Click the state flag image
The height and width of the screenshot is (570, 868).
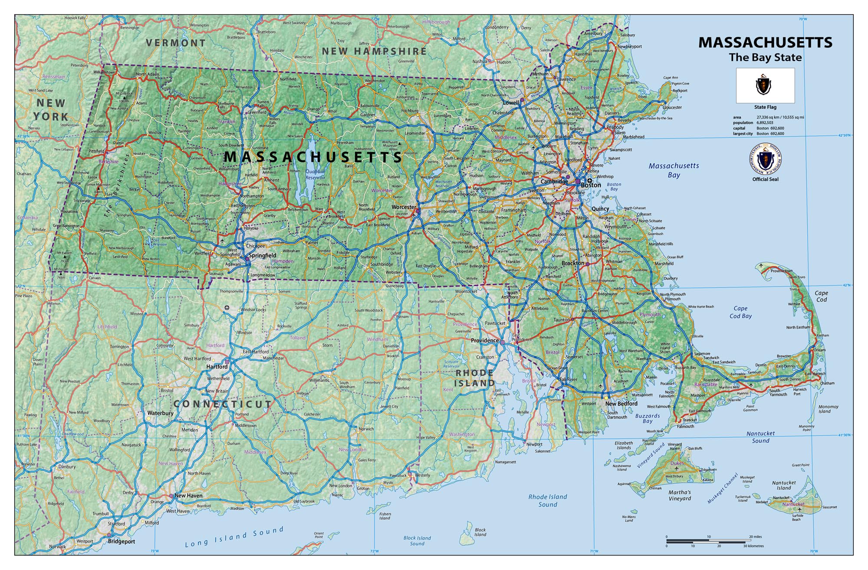(765, 86)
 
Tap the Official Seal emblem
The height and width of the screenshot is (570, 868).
(765, 159)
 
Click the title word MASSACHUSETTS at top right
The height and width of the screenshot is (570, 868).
(765, 43)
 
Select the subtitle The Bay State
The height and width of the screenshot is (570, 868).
(765, 57)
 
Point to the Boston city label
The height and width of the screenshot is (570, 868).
(591, 185)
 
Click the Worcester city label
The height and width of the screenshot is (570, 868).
(404, 207)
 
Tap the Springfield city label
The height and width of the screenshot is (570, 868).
(263, 255)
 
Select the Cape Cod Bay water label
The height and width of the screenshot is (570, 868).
(740, 312)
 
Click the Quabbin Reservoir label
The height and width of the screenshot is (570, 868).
(315, 175)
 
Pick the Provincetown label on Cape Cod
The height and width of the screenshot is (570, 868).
(781, 271)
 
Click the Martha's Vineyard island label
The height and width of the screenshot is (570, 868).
(680, 495)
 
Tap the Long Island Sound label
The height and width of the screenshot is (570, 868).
(234, 537)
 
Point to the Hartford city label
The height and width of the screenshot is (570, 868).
(217, 366)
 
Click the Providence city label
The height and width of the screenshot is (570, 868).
(485, 340)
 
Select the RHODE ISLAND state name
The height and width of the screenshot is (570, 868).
(474, 378)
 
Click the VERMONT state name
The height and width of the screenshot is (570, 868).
(176, 43)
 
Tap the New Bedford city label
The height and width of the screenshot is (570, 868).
(621, 403)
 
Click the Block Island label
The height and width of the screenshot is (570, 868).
(480, 532)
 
